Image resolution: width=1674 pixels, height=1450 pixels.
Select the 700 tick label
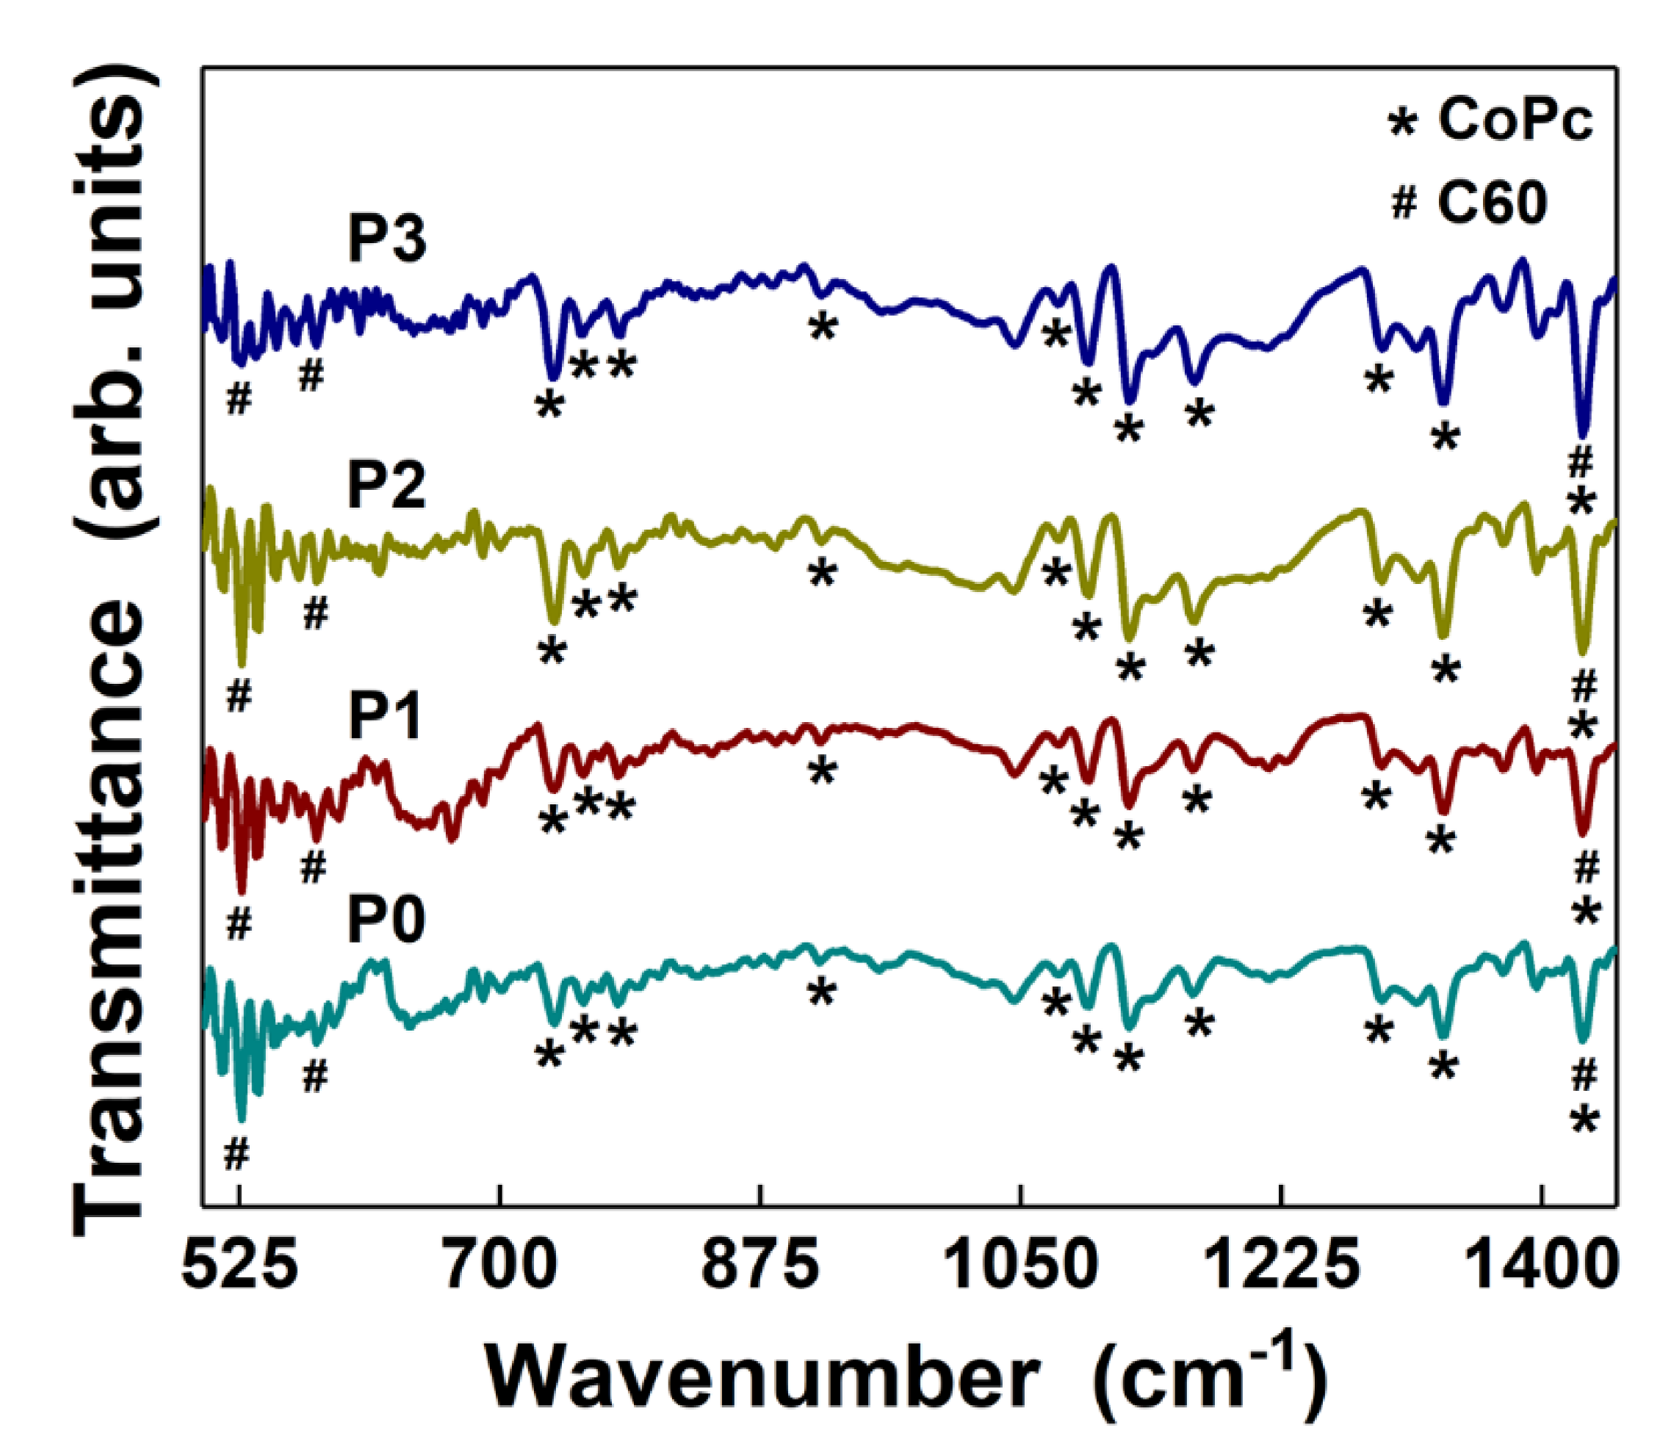[x=502, y=1266]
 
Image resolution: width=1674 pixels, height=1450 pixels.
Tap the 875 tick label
[x=760, y=1266]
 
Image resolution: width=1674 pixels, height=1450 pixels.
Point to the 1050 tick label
[x=1020, y=1266]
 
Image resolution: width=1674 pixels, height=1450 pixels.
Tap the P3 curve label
[x=387, y=239]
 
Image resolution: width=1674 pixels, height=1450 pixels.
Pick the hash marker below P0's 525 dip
[x=237, y=1155]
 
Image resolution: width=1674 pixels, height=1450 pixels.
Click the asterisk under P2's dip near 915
[x=822, y=574]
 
